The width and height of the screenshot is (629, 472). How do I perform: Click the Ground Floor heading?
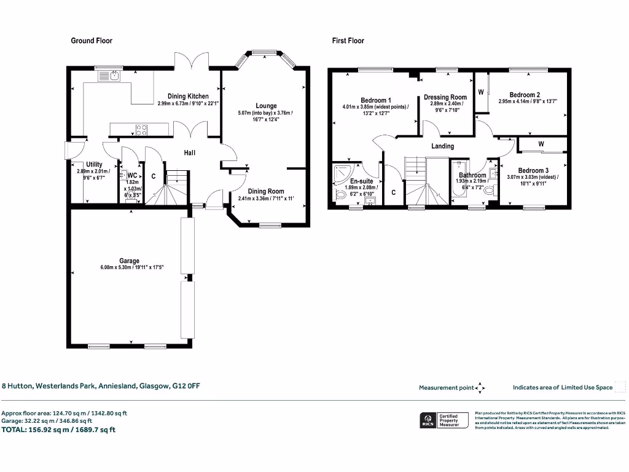pyautogui.click(x=92, y=41)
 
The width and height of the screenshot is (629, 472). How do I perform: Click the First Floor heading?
pyautogui.click(x=348, y=41)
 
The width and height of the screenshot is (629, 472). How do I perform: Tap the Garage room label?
pyautogui.click(x=129, y=261)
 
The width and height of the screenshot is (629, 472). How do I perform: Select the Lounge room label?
pyautogui.click(x=266, y=106)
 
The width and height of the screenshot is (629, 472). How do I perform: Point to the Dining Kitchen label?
pyautogui.click(x=188, y=96)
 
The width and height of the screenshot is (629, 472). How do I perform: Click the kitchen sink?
pyautogui.click(x=114, y=76)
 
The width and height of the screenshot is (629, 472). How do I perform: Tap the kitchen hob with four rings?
pyautogui.click(x=141, y=130)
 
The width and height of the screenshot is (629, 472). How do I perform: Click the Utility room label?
pyautogui.click(x=94, y=164)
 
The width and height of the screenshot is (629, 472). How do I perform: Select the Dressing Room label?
pyautogui.click(x=445, y=97)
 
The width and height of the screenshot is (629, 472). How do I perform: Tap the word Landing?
pyautogui.click(x=442, y=146)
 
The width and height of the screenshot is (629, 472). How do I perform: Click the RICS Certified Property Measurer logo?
pyautogui.click(x=443, y=420)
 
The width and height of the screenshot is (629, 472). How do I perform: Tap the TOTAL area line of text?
pyautogui.click(x=58, y=430)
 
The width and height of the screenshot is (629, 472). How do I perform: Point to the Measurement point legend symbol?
pyautogui.click(x=481, y=388)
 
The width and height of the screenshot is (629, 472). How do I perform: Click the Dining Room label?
pyautogui.click(x=266, y=191)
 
